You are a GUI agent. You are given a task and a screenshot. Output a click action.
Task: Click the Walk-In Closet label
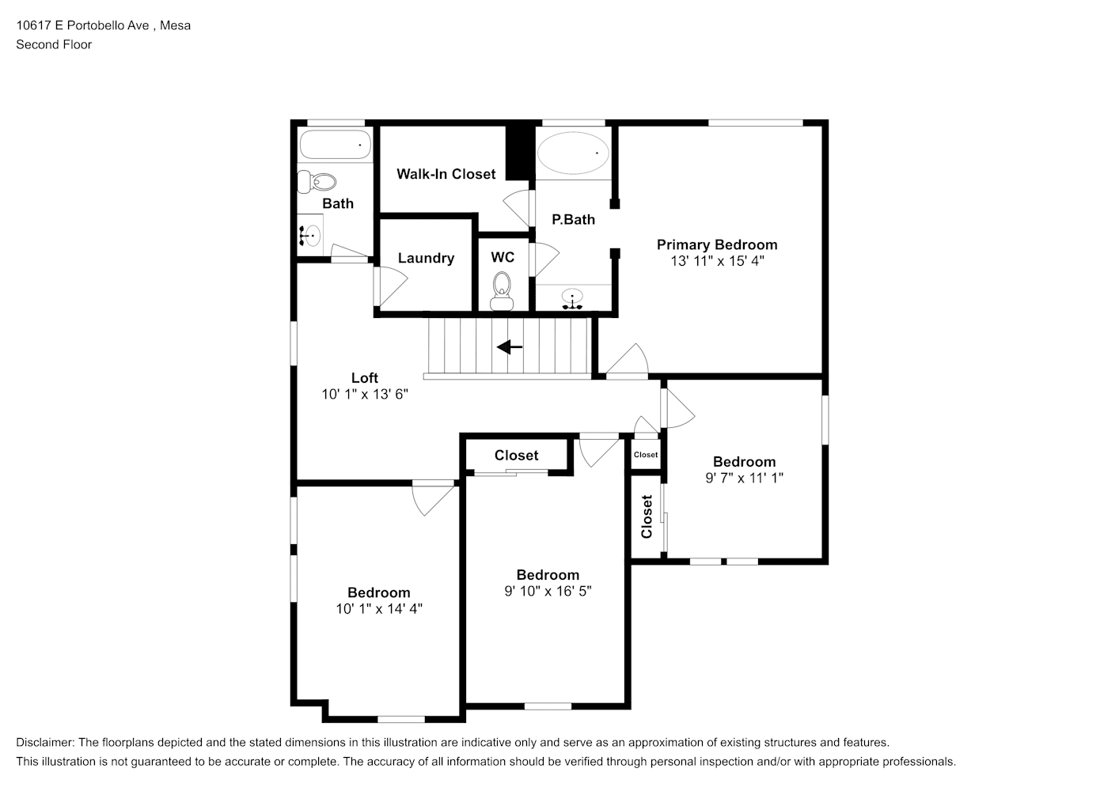click(446, 174)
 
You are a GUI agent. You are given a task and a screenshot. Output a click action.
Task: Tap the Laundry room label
click(426, 258)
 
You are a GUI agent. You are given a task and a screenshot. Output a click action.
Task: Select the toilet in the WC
click(502, 291)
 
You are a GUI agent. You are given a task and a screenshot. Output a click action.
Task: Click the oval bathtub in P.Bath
click(573, 153)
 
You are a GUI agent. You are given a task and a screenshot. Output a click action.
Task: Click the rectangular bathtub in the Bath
click(336, 145)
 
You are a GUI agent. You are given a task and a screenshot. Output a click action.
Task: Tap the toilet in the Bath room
click(317, 182)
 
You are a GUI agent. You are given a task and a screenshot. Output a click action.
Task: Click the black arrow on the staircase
click(510, 346)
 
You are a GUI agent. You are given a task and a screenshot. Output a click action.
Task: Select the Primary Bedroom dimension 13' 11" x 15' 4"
click(717, 261)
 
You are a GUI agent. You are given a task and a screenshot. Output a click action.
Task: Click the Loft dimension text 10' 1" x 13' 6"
click(365, 394)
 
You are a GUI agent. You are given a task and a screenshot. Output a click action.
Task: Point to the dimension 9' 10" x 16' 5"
click(548, 591)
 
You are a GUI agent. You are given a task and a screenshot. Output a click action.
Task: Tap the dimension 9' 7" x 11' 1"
click(745, 478)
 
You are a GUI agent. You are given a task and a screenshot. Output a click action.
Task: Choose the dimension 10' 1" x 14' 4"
click(379, 609)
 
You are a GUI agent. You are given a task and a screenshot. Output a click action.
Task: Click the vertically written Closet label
click(647, 517)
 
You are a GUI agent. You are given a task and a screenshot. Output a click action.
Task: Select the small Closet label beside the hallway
click(646, 454)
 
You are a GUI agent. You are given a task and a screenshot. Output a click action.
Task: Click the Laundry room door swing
click(391, 286)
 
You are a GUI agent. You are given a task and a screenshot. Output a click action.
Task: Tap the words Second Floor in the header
click(54, 44)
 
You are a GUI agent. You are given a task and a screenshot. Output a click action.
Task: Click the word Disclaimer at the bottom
click(45, 742)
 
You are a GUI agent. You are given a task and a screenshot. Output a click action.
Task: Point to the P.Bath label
click(574, 219)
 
